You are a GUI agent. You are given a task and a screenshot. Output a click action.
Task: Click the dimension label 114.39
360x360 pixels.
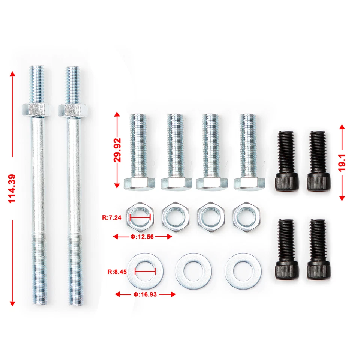tap(12, 189)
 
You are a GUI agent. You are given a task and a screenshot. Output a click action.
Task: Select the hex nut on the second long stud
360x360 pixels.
tap(70, 110)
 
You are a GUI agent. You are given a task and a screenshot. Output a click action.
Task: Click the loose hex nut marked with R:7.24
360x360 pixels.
tap(139, 217)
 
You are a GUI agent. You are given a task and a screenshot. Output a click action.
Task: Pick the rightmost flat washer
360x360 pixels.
tap(243, 271)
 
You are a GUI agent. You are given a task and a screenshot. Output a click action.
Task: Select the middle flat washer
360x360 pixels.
tap(193, 271)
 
